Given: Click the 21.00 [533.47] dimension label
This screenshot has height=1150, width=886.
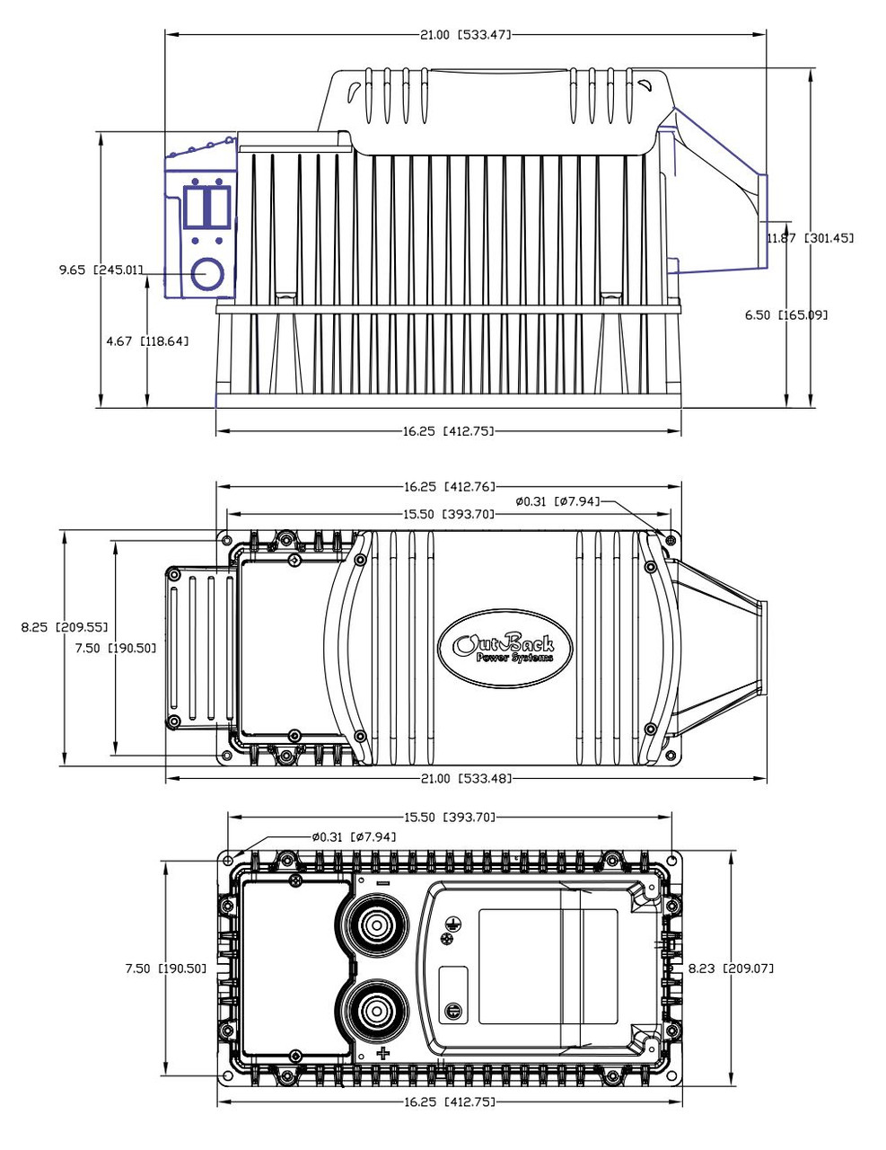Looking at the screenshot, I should coord(465,35).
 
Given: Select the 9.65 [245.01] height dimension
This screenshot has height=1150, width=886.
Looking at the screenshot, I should coord(101,270).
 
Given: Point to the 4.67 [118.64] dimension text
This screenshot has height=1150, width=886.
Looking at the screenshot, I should coord(147,341).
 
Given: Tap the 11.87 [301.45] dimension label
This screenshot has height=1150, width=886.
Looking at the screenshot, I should coord(810,238).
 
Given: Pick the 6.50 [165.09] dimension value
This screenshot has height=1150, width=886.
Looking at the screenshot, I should coord(786,314).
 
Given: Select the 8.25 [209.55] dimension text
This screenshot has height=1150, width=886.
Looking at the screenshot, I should coord(65,627).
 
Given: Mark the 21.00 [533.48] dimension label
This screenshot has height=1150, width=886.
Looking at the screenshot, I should coord(466,778).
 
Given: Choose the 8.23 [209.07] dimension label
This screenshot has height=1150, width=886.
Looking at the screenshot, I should coord(732,969).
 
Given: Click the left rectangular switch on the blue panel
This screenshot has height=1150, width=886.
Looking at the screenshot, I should coord(196,207).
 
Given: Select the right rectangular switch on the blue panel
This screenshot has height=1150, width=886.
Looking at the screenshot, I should coord(219,207).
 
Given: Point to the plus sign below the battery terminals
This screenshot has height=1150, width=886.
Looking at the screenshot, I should coord(384,1053).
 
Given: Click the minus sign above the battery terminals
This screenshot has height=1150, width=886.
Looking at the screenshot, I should coord(383,884).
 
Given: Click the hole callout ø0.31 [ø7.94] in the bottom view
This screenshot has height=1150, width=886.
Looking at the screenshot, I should coord(354,837).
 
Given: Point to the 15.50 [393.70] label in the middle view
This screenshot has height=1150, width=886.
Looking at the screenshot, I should coord(450,515).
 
